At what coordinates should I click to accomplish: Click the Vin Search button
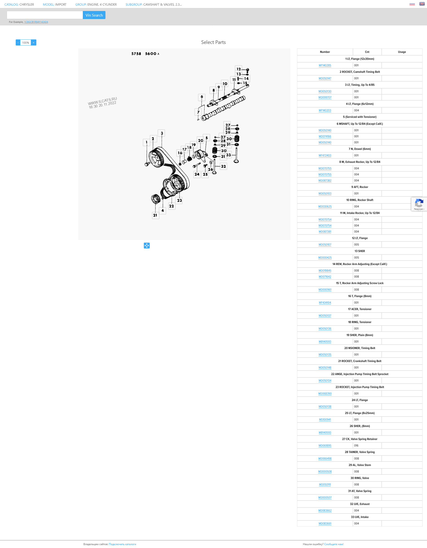94,15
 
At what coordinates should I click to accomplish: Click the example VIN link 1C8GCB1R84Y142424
36,22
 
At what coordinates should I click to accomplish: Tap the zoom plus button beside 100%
34,43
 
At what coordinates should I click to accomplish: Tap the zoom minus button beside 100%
18,43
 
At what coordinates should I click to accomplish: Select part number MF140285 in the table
325,65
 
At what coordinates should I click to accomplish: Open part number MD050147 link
325,79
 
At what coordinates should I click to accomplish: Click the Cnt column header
367,52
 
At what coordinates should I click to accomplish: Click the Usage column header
402,52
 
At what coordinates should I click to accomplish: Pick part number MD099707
325,98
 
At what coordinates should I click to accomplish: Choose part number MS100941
325,420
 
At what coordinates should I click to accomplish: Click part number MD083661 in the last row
325,523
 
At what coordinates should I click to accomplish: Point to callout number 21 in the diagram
155,215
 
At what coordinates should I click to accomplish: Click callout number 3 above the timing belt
162,133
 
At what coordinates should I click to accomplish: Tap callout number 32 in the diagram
223,166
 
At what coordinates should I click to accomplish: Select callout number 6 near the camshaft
201,97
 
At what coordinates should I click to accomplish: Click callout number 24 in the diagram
197,174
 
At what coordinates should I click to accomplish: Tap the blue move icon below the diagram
147,245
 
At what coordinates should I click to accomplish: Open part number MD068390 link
325,393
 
